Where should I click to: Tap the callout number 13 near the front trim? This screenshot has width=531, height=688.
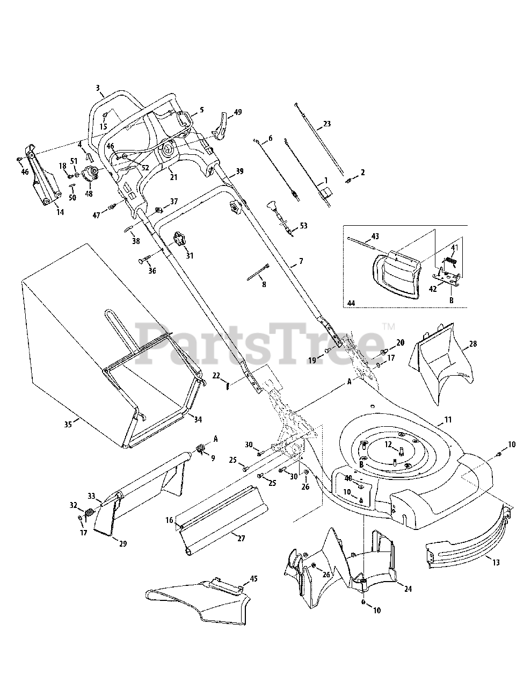point(496,562)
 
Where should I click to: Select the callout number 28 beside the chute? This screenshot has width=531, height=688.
point(472,343)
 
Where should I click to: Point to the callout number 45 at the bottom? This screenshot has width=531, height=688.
point(254,579)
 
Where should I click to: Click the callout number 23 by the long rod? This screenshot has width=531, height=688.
point(326,124)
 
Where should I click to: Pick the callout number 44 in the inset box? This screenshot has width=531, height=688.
point(351,304)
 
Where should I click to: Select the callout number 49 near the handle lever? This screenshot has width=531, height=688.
point(237,112)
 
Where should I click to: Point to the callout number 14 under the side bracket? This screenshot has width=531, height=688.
point(60,212)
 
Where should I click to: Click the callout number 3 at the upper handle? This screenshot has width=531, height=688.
point(98,88)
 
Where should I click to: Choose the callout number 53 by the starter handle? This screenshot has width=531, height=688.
point(303,226)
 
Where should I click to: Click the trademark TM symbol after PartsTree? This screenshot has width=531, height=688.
point(389,326)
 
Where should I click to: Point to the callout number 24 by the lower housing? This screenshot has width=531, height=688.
point(408,589)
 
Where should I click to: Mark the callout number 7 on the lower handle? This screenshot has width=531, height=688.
point(301,261)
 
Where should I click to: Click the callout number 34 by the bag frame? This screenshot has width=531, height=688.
point(198,419)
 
